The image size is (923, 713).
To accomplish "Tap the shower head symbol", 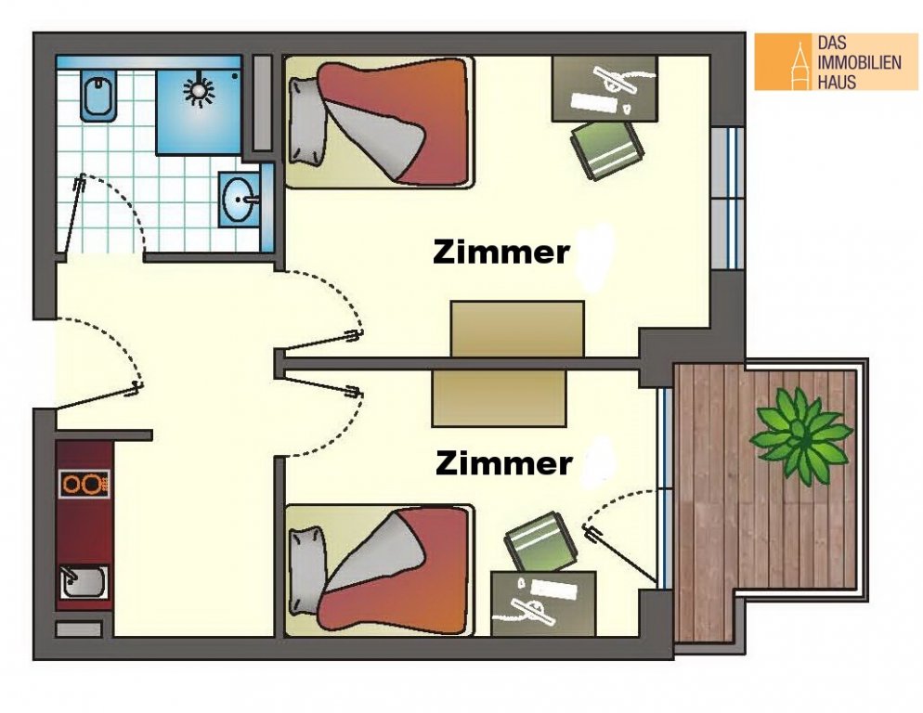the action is [199, 90].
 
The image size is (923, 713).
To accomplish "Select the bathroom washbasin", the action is [239, 200].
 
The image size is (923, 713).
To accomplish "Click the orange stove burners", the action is [84, 484].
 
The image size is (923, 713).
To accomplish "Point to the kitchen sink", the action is [84, 582].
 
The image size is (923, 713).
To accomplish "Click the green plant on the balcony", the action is [800, 436].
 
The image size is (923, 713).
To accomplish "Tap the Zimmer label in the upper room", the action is [500, 253].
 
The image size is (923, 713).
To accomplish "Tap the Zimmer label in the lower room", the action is [504, 463].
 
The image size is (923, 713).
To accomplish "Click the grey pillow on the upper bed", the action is [308, 121].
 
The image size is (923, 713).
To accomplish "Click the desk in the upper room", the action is [604, 89].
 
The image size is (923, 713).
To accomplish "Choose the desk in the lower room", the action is [543, 603].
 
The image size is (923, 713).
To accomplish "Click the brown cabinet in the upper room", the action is [517, 329].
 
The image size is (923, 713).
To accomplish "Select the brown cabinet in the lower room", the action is [500, 398].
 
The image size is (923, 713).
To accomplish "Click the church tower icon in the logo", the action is [799, 65].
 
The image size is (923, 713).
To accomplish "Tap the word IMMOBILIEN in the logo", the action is [860, 62].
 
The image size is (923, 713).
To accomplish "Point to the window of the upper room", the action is [728, 198].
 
